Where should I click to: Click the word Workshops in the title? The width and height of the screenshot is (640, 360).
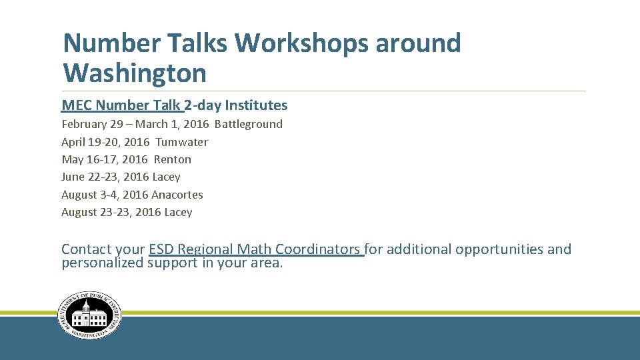point(301,43)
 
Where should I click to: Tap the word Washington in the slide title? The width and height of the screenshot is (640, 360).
point(134,73)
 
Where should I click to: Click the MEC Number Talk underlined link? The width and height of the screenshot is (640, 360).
point(121,105)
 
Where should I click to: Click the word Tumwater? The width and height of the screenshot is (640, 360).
point(181,142)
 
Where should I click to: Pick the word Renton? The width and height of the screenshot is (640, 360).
point(172,159)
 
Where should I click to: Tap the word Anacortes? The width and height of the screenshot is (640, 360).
point(177,195)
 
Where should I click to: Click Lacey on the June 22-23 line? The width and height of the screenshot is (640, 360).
point(166,177)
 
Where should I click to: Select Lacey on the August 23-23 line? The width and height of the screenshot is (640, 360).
point(178,212)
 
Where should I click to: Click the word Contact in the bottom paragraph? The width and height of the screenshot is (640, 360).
point(86,249)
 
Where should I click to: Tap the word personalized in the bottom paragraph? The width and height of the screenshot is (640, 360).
point(102,263)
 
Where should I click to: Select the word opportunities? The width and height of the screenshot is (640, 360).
point(499,249)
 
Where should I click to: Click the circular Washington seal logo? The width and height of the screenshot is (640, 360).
point(89,316)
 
